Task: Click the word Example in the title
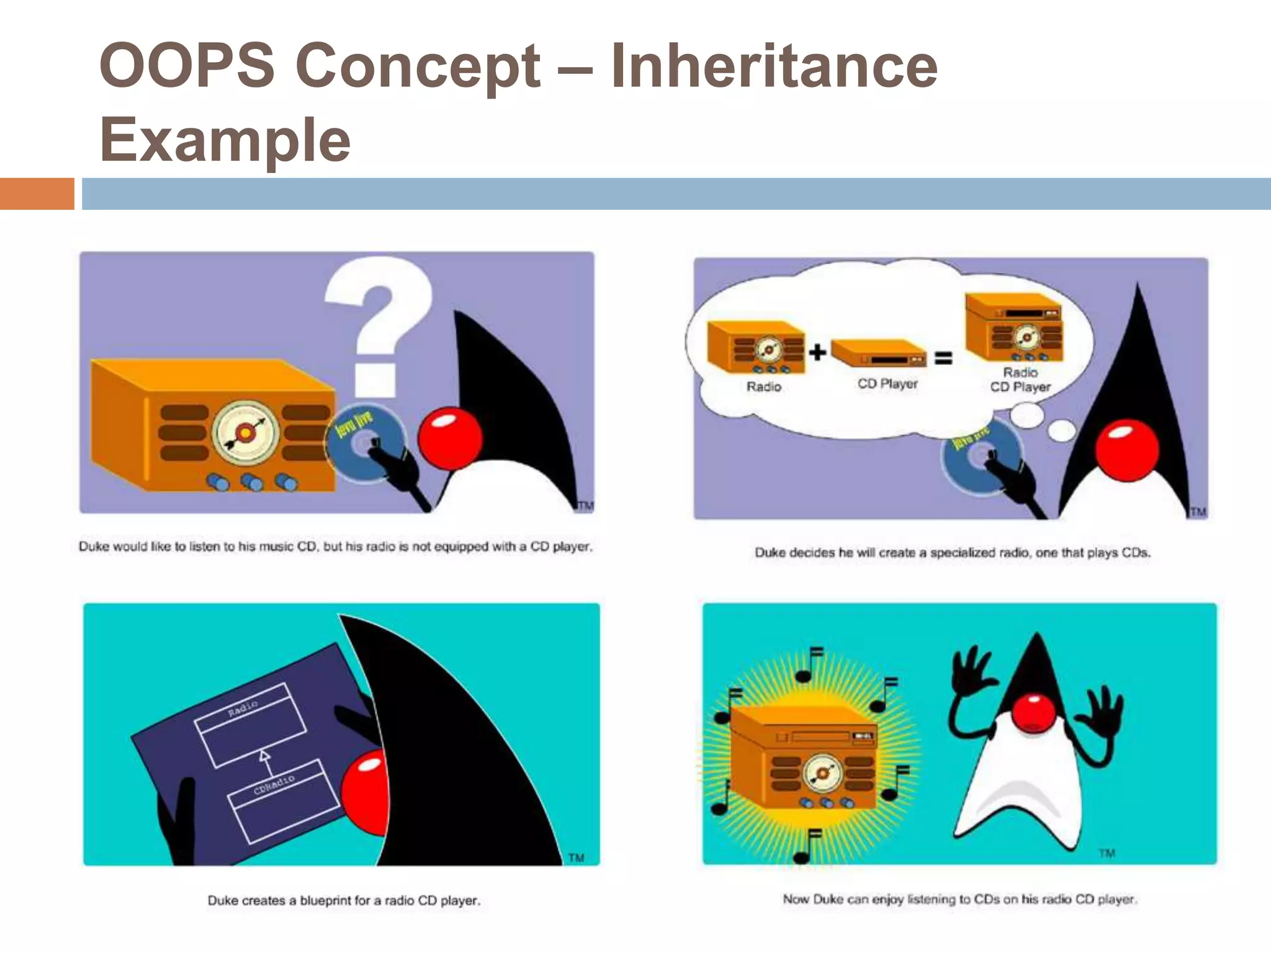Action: (x=225, y=140)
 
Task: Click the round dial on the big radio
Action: (x=245, y=432)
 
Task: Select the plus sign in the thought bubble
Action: (x=817, y=352)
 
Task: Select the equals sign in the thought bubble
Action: (x=943, y=358)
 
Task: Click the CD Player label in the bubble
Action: (x=887, y=384)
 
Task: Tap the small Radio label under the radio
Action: (x=763, y=387)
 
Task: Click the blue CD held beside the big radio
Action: (x=360, y=444)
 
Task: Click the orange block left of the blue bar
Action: (x=37, y=194)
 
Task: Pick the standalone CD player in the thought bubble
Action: (x=879, y=354)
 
